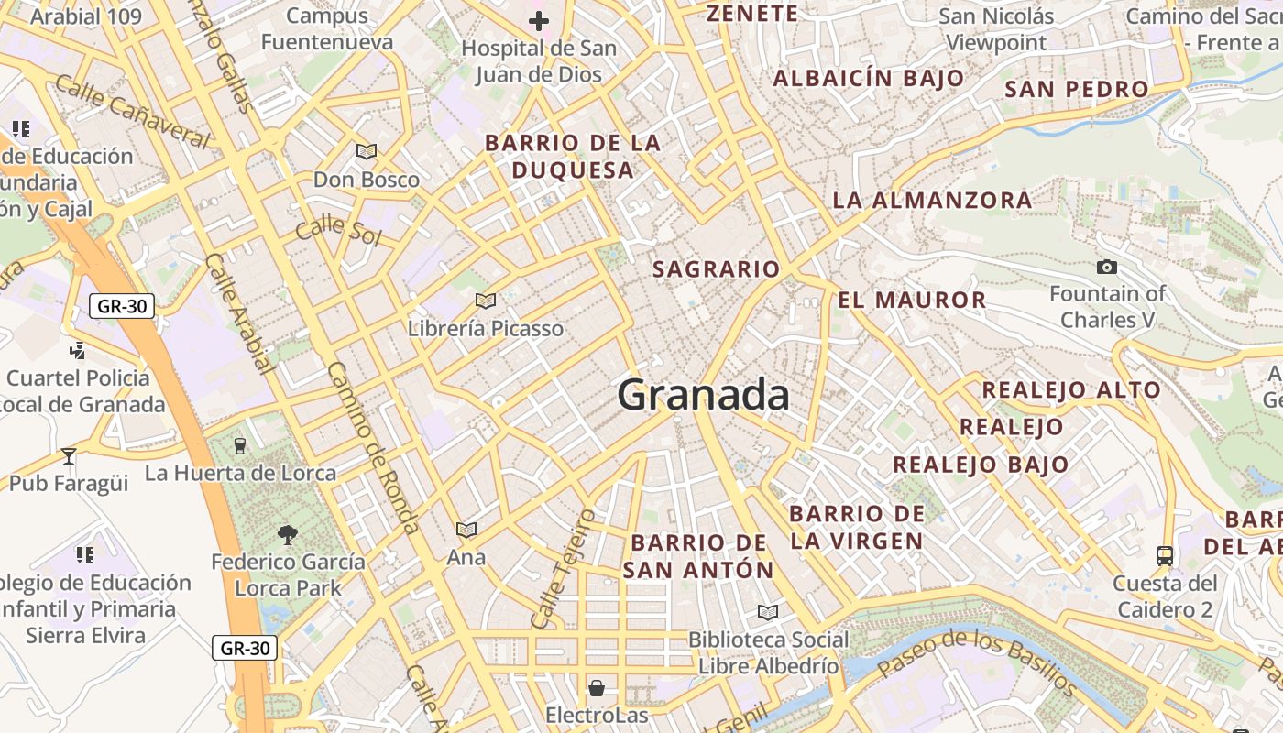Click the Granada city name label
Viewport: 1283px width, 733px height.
pyautogui.click(x=703, y=395)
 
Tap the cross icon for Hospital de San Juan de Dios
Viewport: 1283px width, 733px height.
pyautogui.click(x=539, y=20)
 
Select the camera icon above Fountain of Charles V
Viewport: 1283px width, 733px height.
pyautogui.click(x=1107, y=268)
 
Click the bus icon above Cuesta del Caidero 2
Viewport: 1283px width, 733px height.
pyautogui.click(x=1164, y=556)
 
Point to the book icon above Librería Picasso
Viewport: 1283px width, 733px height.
pyautogui.click(x=486, y=301)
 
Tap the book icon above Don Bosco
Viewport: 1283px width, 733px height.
pyautogui.click(x=367, y=151)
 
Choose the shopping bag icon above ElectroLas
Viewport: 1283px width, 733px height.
pyautogui.click(x=597, y=687)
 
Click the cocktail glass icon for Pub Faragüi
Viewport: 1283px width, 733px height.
pyautogui.click(x=69, y=455)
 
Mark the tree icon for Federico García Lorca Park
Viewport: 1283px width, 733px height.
pyautogui.click(x=288, y=534)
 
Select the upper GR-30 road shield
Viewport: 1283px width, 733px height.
pyautogui.click(x=122, y=306)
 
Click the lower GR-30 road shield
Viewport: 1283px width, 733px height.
pyautogui.click(x=245, y=648)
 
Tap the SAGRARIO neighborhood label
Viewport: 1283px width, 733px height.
pyautogui.click(x=716, y=269)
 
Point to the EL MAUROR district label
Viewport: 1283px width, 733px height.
pyautogui.click(x=912, y=300)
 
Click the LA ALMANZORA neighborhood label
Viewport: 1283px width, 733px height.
pyautogui.click(x=932, y=201)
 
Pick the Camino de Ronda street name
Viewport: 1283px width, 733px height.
pyautogui.click(x=373, y=447)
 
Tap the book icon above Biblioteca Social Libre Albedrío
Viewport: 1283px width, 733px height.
pyautogui.click(x=768, y=612)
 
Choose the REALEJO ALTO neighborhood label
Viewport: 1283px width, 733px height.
pyautogui.click(x=1071, y=389)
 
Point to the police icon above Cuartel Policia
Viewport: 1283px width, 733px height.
pyautogui.click(x=78, y=349)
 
